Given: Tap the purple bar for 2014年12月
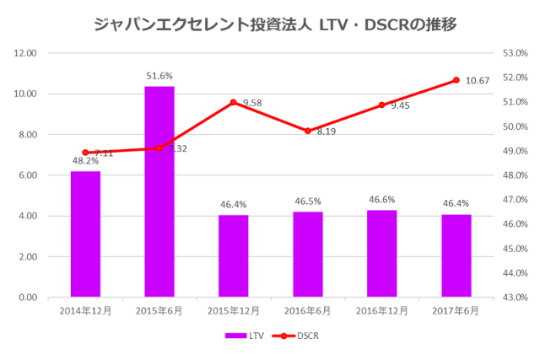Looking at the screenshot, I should click(x=85, y=234).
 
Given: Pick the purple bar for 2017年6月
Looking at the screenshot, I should click(x=456, y=256).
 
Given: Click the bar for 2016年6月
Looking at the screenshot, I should click(x=308, y=255).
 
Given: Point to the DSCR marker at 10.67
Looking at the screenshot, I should click(x=456, y=80).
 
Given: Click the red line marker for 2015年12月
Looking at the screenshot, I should click(x=234, y=102).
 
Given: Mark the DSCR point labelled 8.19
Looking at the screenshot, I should click(x=308, y=131).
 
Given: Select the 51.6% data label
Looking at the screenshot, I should click(x=159, y=76).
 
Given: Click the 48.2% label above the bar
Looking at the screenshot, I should click(x=85, y=161).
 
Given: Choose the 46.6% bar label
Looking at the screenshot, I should click(x=382, y=200).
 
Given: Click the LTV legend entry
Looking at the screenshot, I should click(x=245, y=336).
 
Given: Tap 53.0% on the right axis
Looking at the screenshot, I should click(x=514, y=53).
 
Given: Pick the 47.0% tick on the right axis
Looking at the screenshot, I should click(x=514, y=200).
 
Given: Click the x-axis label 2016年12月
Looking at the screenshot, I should click(x=382, y=310).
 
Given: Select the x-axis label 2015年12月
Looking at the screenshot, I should click(x=234, y=310).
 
